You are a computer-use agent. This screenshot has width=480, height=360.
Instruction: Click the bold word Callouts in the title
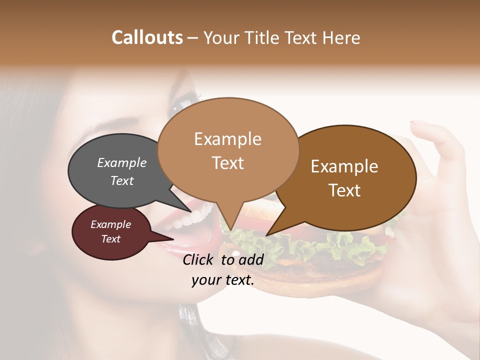[x=147, y=37]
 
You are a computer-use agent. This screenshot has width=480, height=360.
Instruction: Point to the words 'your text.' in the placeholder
[x=223, y=280]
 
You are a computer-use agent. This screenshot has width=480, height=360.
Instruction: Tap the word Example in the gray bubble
[x=122, y=163]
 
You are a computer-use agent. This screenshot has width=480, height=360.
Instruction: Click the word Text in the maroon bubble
[x=111, y=239]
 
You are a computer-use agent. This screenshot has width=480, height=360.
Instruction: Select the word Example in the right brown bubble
[x=344, y=166]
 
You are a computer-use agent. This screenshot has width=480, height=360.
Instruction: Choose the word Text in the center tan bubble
[x=228, y=162]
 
